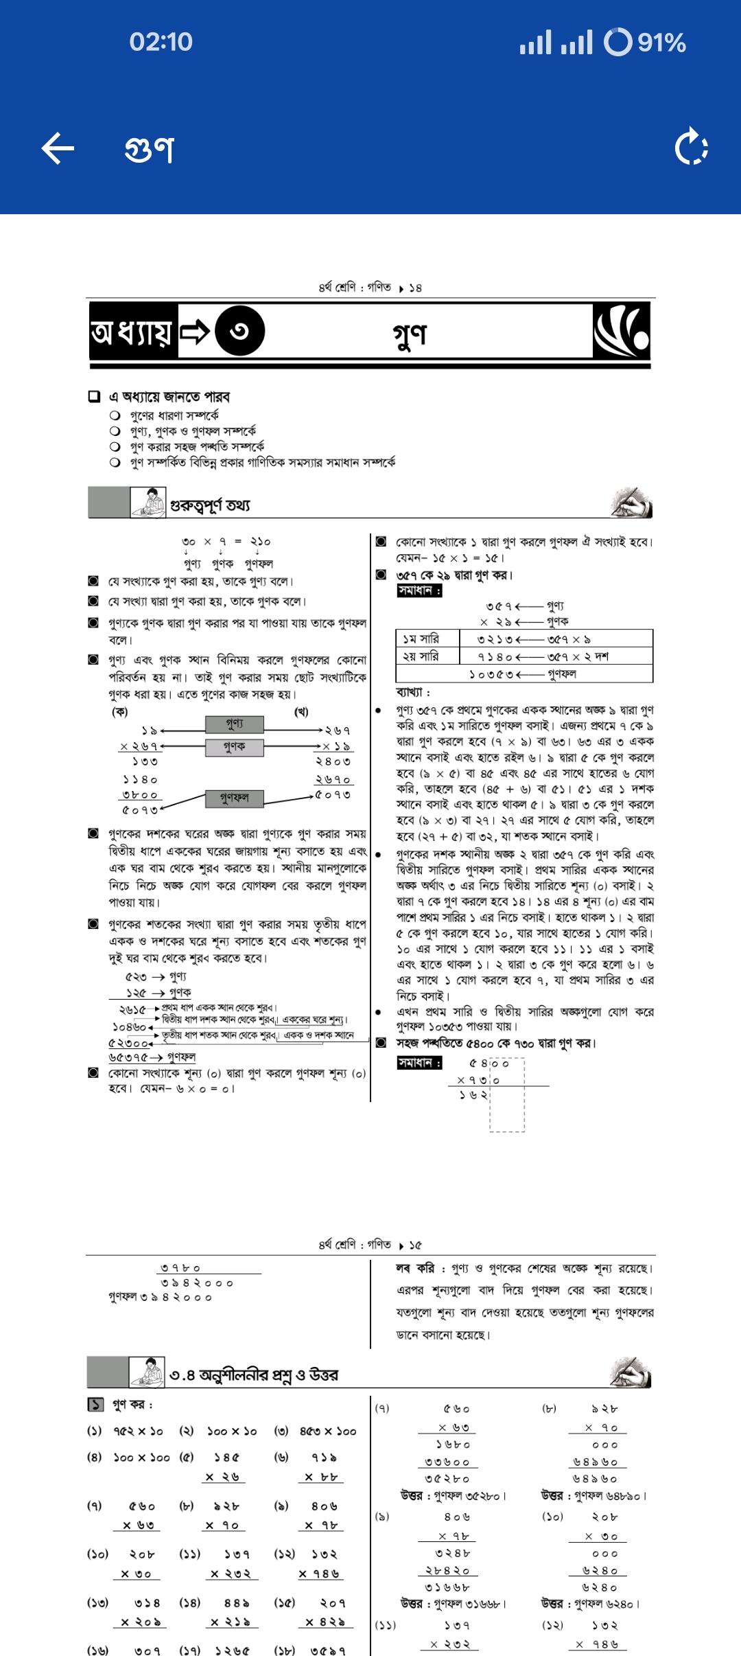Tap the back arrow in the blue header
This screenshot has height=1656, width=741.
[x=58, y=148]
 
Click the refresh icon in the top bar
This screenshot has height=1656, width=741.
[x=692, y=148]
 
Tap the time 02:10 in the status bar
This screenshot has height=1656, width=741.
[x=161, y=43]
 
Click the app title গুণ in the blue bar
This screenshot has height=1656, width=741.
[x=150, y=148]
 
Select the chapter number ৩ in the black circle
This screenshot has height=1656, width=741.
[x=239, y=332]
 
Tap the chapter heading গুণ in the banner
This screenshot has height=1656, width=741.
[x=410, y=334]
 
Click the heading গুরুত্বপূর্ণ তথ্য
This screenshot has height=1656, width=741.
[x=210, y=505]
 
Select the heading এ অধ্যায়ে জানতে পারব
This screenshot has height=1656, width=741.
[x=169, y=397]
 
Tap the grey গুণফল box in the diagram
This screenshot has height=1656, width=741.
[x=234, y=798]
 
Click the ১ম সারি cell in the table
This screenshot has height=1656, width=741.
[x=421, y=639]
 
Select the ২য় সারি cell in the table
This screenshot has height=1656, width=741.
[x=421, y=656]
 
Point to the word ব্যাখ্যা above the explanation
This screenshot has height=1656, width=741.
[x=413, y=692]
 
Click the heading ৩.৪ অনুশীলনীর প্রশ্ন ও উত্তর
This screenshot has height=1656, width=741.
[x=253, y=1375]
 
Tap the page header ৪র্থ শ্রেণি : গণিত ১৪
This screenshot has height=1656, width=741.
[x=370, y=287]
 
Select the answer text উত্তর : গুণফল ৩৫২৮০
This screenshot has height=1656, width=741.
[x=454, y=1495]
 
